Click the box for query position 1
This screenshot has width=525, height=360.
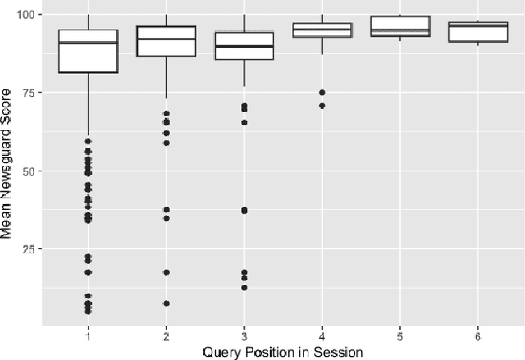(x=88, y=52)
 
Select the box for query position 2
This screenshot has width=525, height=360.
(x=166, y=41)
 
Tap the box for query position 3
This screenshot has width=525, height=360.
(x=244, y=46)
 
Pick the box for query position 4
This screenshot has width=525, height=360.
(x=322, y=30)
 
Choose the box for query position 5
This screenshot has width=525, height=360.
(x=399, y=26)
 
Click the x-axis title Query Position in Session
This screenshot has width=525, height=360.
(x=282, y=352)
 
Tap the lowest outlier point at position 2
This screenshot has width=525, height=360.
(x=166, y=303)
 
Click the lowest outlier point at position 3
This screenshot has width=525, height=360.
(x=244, y=288)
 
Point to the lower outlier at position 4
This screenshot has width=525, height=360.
(x=322, y=105)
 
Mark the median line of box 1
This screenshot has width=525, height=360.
(x=88, y=43)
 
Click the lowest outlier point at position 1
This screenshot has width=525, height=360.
(x=88, y=312)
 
